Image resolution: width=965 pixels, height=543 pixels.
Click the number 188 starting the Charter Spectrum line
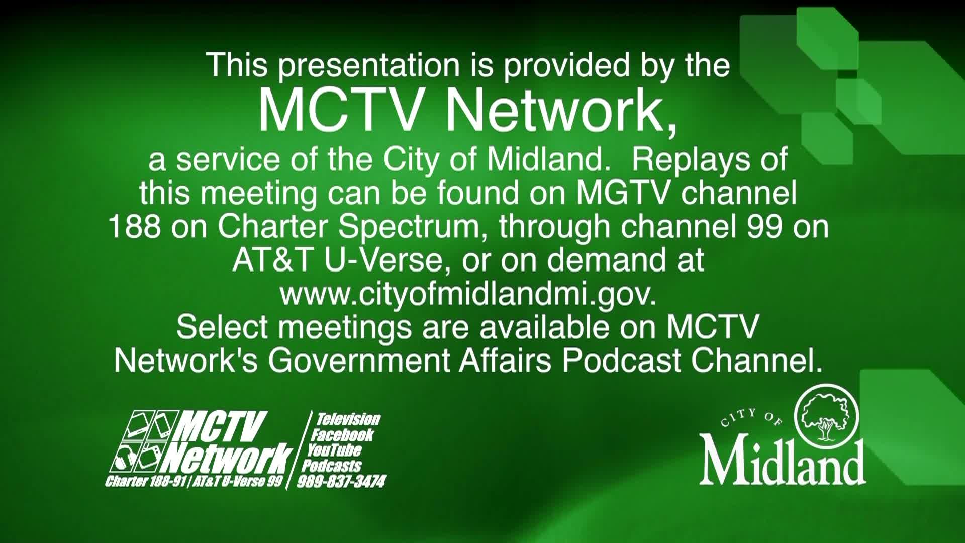(135, 227)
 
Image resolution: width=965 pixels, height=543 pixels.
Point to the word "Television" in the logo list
(348, 419)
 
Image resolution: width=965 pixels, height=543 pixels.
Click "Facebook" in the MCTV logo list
(343, 435)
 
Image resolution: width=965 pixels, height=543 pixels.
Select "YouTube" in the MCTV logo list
(335, 450)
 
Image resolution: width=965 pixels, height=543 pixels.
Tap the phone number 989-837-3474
(341, 482)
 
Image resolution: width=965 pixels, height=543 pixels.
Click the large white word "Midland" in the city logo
(783, 461)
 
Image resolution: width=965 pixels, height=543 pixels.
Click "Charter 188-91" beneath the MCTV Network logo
(147, 482)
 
